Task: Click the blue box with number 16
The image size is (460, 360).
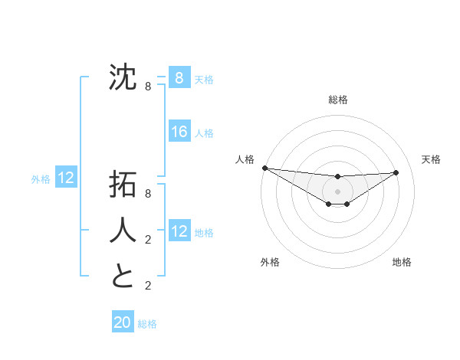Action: (x=179, y=132)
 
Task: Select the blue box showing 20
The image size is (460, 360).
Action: (x=123, y=322)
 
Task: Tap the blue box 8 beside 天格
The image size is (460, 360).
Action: (x=179, y=77)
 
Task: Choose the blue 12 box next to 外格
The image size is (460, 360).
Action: (x=66, y=178)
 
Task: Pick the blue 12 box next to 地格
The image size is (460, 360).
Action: (x=179, y=231)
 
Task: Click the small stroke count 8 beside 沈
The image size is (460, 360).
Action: (x=148, y=87)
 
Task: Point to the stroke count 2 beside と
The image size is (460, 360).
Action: (x=148, y=286)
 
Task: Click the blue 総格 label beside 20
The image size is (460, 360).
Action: (x=147, y=324)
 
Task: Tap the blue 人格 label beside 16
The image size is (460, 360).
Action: (x=204, y=133)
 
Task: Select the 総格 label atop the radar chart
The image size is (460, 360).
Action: (x=337, y=100)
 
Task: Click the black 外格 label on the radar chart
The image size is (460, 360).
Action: (x=270, y=262)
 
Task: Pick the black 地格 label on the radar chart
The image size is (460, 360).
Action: (x=402, y=262)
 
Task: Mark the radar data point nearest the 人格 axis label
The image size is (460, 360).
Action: (x=264, y=168)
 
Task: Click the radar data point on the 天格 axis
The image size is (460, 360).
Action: (x=396, y=172)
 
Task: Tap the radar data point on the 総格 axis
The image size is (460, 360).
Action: (x=337, y=177)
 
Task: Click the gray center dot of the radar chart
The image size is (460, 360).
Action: (x=337, y=191)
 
